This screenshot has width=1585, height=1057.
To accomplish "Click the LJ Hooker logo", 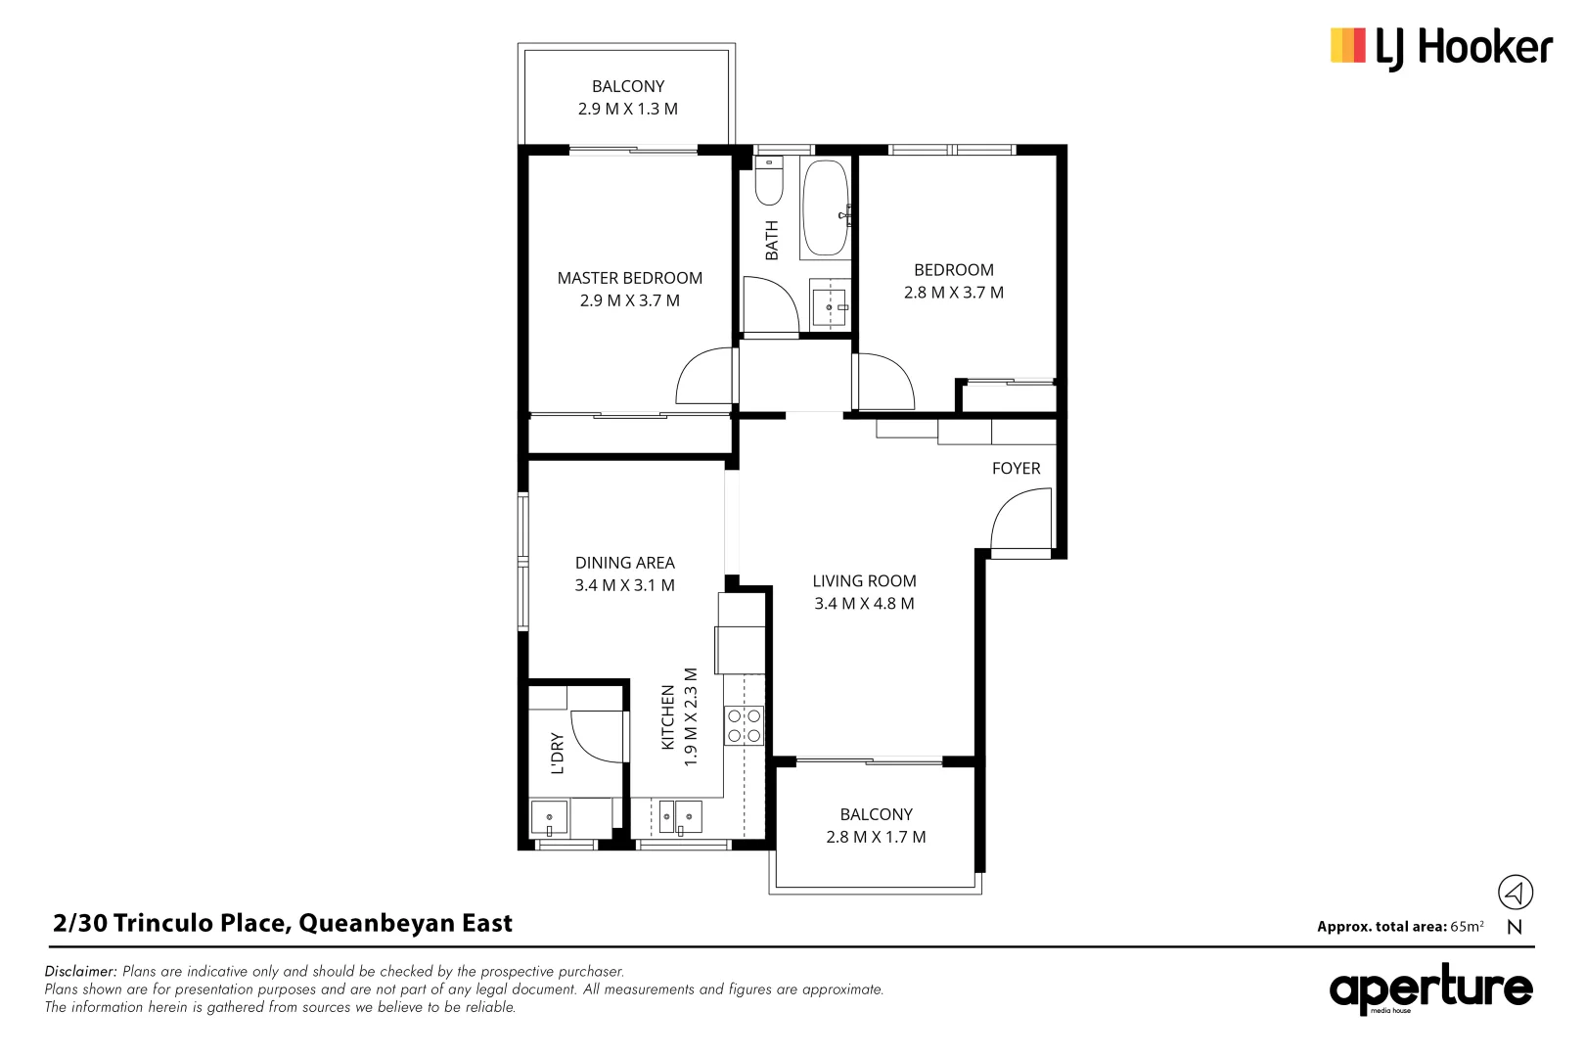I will tap(1440, 47).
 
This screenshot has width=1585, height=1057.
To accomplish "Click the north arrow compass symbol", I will tap(1515, 892).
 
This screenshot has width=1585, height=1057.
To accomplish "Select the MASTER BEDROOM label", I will tap(629, 278).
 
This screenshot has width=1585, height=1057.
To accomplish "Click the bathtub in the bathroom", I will tap(825, 208).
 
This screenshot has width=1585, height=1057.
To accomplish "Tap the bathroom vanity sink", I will tap(830, 306).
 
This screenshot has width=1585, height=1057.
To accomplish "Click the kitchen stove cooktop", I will tap(744, 725).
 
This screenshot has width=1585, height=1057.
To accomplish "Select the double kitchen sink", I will tap(680, 815).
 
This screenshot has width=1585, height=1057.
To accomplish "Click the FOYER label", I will tap(1016, 469).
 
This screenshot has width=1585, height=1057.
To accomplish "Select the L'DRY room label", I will tap(557, 753).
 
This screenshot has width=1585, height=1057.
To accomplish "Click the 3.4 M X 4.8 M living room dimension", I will tap(864, 604).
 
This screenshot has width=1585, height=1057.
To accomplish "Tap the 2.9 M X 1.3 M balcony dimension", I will tap(627, 109).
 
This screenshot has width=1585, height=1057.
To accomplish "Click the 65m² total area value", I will tap(1467, 926).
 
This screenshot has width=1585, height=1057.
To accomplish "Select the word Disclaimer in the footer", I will tap(80, 972).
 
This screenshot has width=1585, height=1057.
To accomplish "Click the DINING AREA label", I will tap(624, 563).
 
